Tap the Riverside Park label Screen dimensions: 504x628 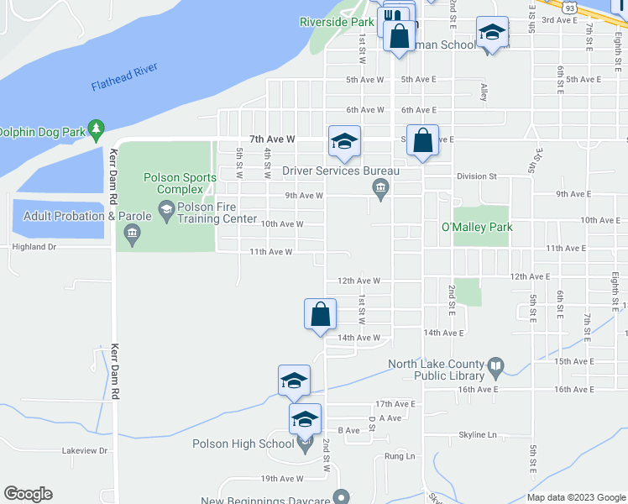(336, 22)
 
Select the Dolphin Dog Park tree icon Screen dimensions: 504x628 (97, 129)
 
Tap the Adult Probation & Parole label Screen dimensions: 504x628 (87, 216)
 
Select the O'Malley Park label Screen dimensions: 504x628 (476, 227)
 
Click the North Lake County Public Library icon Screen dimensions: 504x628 (495, 365)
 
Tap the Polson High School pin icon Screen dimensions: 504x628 (305, 444)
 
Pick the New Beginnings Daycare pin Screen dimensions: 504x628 (340, 497)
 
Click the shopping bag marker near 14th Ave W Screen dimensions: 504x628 (320, 315)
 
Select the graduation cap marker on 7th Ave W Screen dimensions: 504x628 (344, 142)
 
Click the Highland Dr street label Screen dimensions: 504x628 (34, 247)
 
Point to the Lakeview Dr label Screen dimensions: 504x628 (86, 450)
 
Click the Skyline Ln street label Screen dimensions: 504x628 (478, 434)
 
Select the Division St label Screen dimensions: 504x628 (477, 176)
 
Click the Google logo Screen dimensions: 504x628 (28, 494)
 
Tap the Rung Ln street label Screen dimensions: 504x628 (400, 456)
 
